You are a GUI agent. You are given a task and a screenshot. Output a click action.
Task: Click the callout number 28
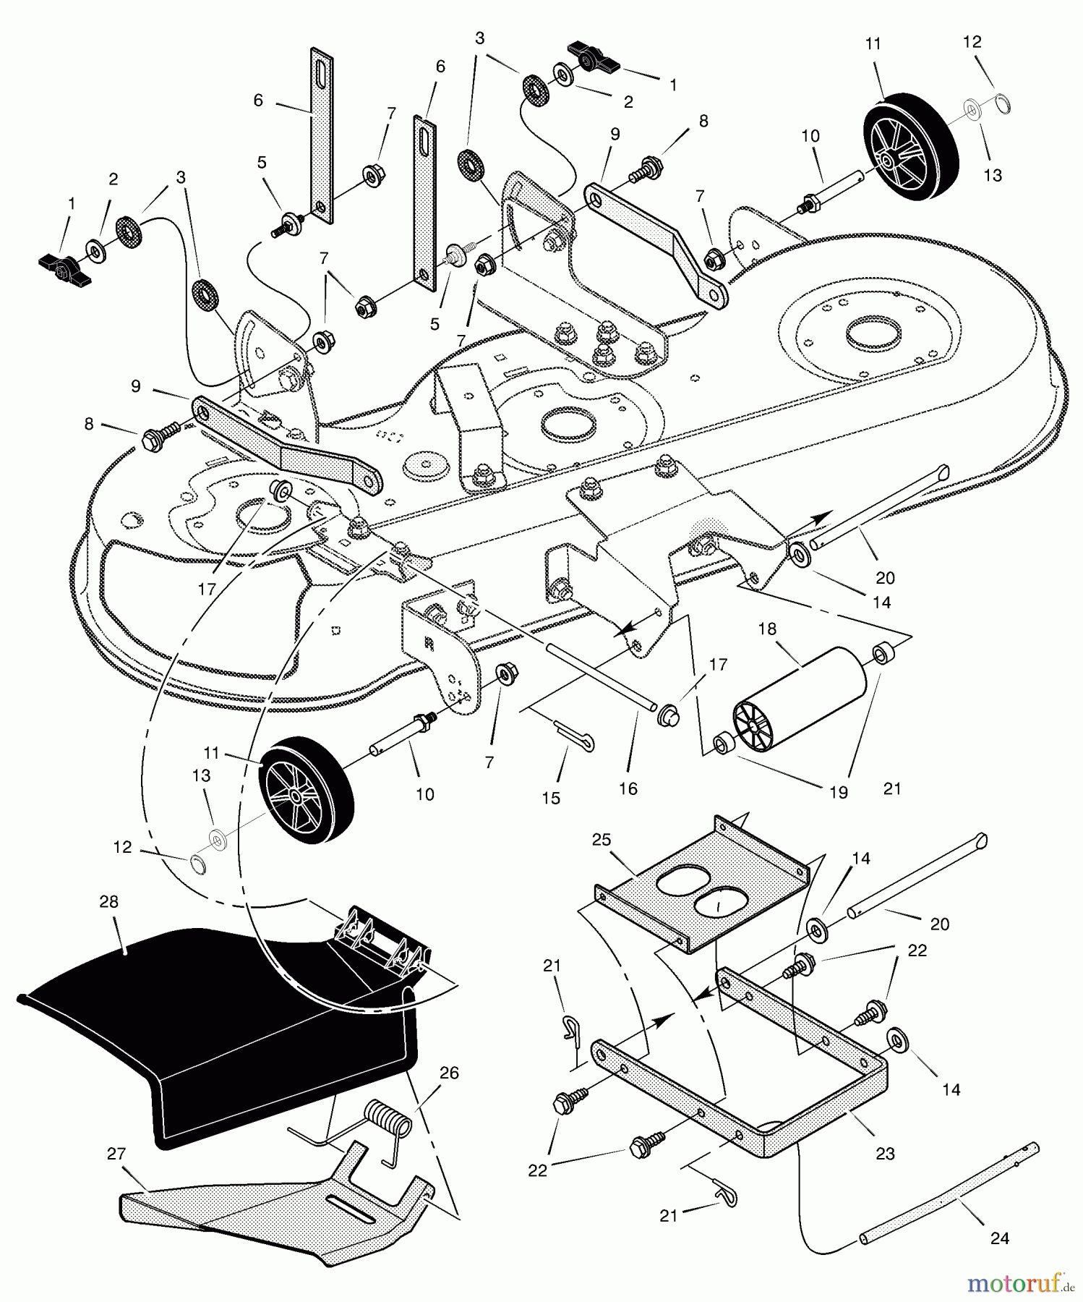[109, 902]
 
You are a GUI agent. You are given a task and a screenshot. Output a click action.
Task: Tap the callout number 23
[885, 1154]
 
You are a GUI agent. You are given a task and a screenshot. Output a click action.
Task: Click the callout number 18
[767, 629]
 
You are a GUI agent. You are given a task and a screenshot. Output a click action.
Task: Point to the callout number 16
[628, 788]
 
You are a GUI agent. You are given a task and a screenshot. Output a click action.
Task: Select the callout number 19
[838, 793]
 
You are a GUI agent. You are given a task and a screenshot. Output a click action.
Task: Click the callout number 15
[551, 798]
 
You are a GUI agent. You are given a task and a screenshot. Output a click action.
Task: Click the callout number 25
[601, 840]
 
